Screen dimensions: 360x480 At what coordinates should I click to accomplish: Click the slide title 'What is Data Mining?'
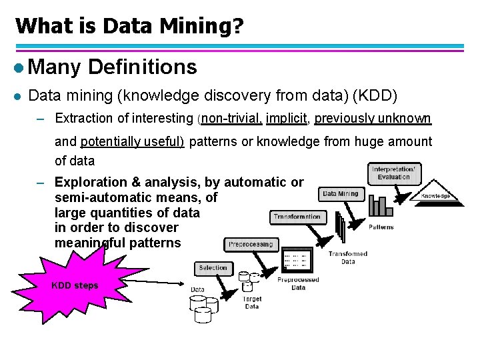(129, 26)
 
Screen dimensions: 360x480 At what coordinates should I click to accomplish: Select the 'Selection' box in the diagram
(213, 268)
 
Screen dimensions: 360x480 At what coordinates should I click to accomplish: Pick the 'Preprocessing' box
(251, 245)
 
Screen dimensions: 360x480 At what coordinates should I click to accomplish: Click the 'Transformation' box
(297, 217)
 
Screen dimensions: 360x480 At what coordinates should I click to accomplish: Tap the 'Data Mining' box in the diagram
(340, 194)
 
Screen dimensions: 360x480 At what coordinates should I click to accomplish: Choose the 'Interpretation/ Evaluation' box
(393, 173)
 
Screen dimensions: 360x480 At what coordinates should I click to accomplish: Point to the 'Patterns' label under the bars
(381, 227)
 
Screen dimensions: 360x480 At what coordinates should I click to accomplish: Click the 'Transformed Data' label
(347, 258)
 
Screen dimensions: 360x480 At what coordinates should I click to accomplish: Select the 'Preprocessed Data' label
(298, 283)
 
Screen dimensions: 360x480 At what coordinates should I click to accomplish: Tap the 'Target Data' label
(252, 303)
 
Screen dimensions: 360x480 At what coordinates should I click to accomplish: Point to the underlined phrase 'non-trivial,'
(231, 119)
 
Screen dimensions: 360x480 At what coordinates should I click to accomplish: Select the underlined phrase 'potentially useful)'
(133, 141)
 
